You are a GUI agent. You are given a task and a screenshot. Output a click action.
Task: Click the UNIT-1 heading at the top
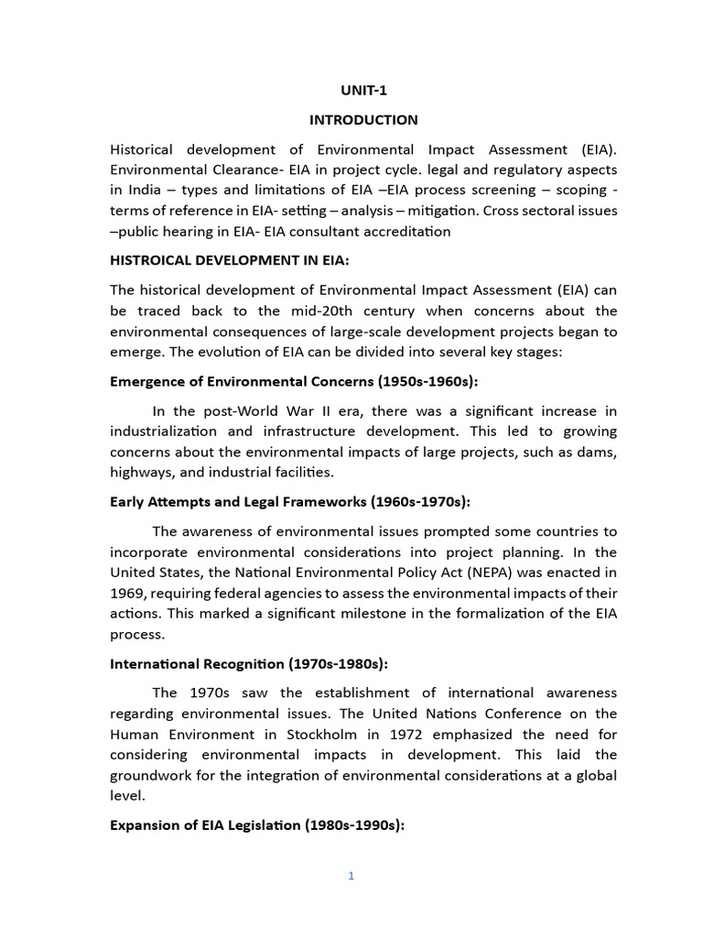click(363, 90)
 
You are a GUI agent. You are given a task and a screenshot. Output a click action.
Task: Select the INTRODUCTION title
click(363, 120)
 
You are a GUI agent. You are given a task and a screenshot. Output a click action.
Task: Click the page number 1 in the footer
click(351, 876)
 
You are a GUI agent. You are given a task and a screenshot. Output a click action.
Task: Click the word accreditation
click(405, 231)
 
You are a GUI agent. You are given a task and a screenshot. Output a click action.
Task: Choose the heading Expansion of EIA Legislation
click(256, 825)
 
